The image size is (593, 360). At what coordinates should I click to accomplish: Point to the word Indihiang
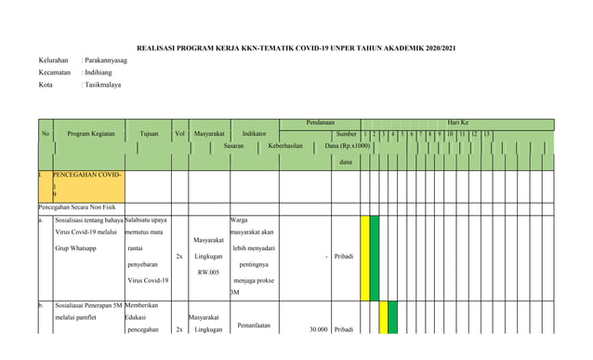coord(101,73)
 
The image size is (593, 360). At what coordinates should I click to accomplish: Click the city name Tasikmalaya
coord(106,85)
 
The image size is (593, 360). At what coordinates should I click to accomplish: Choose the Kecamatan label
coord(55,73)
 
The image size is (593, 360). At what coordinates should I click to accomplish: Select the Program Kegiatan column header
coord(90,134)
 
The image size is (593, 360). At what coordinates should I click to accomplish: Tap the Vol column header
coord(180,134)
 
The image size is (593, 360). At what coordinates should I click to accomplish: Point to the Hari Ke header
coord(458,123)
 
